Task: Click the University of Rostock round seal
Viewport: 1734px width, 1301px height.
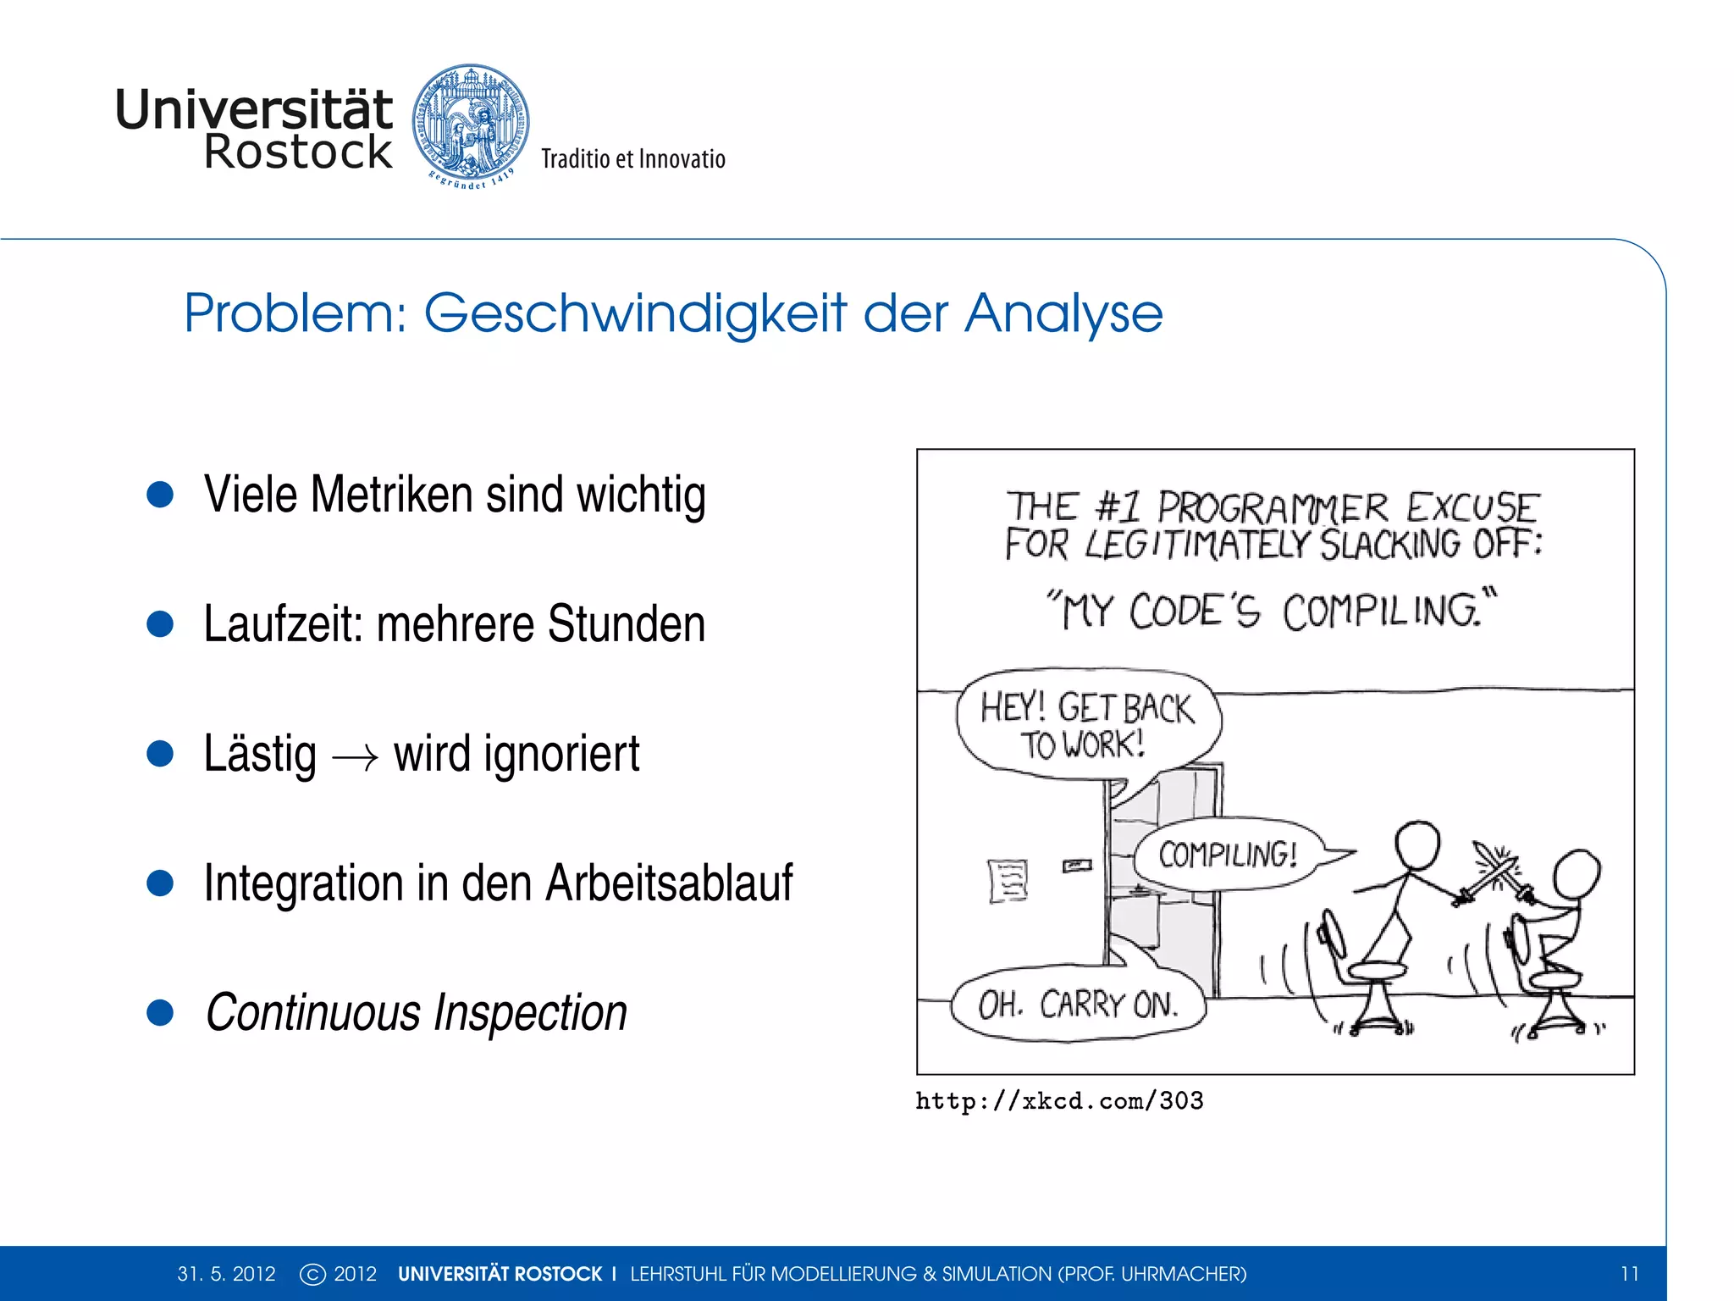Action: point(471,124)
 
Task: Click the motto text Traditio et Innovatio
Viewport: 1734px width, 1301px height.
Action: point(633,159)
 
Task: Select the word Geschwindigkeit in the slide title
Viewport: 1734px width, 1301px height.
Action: point(635,313)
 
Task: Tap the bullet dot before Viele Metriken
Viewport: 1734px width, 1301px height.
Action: point(160,495)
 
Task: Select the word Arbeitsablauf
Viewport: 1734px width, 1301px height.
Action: point(669,883)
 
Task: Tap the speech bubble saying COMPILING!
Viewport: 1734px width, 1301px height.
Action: point(1227,855)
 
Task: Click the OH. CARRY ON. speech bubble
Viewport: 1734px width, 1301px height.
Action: point(1077,1005)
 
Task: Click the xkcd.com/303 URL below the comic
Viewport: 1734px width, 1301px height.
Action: point(1059,1101)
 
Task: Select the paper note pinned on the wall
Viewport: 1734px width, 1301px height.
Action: point(1008,881)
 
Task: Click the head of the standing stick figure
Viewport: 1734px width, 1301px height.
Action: point(1417,845)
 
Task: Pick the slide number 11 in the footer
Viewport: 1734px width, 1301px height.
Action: point(1630,1274)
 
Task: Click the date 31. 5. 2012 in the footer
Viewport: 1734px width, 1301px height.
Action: point(226,1274)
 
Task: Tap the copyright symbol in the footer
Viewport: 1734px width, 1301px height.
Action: point(312,1274)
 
